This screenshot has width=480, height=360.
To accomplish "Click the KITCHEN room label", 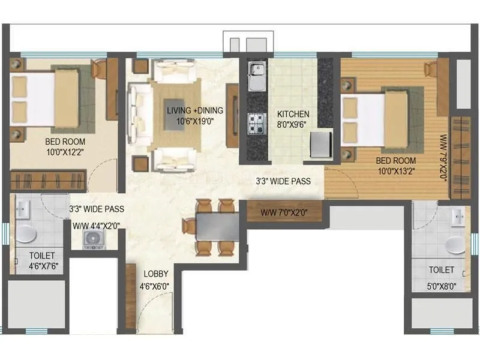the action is click(x=293, y=114).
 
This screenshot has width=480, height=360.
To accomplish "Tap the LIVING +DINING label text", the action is click(x=195, y=110).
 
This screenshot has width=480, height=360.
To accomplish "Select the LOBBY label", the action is click(x=156, y=274).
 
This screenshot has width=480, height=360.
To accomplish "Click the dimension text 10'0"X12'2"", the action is click(x=65, y=152).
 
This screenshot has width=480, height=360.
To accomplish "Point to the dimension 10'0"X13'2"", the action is click(x=396, y=171).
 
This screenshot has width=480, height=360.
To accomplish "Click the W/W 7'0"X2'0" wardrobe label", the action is click(x=284, y=213).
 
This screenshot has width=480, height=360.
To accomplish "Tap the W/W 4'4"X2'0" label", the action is click(x=96, y=226).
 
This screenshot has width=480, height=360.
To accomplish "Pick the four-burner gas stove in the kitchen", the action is click(x=256, y=124).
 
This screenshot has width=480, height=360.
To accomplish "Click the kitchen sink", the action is click(x=257, y=77).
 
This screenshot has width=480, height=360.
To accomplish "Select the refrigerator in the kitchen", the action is click(x=321, y=144).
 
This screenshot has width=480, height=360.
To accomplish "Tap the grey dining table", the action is click(x=218, y=227).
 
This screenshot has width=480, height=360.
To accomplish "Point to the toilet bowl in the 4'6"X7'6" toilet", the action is click(x=26, y=234).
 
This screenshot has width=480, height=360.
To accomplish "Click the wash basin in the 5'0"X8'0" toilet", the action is click(x=458, y=217).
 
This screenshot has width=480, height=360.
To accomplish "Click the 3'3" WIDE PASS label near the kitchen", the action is click(x=283, y=181).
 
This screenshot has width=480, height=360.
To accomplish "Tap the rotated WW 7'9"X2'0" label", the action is click(x=443, y=158).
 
